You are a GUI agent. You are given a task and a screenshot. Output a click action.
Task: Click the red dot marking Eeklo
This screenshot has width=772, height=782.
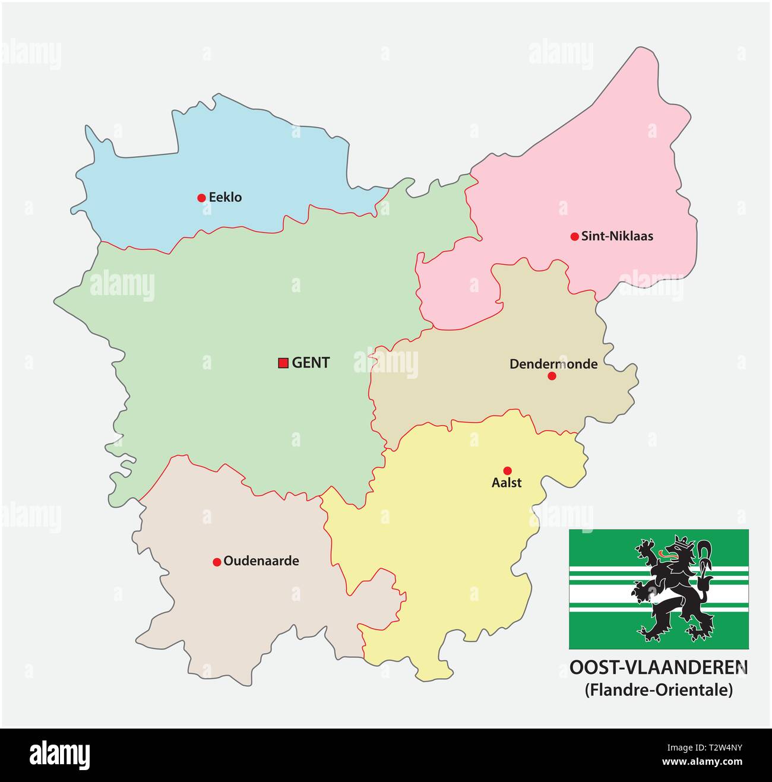pyautogui.click(x=201, y=198)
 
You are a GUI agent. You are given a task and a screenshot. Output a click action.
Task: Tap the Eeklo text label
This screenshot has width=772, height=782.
pyautogui.click(x=225, y=198)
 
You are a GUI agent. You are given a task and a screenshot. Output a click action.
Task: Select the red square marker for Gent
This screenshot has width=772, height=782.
pyautogui.click(x=283, y=363)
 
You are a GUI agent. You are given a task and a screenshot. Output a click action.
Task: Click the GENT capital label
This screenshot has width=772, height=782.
pyautogui.click(x=311, y=363)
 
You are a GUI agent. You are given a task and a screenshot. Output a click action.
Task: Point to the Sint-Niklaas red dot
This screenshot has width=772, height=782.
pyautogui.click(x=574, y=236)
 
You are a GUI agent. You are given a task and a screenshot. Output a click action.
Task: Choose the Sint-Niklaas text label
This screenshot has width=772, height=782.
pyautogui.click(x=617, y=236)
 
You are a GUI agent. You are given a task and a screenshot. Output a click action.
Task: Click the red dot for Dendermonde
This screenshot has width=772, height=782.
pyautogui.click(x=552, y=376)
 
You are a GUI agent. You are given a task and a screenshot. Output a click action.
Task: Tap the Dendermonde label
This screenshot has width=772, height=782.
pyautogui.click(x=553, y=364)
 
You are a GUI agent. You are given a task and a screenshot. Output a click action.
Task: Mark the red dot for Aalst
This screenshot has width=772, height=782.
pyautogui.click(x=507, y=470)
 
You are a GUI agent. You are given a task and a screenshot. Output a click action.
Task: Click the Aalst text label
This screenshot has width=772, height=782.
pyautogui.click(x=507, y=483)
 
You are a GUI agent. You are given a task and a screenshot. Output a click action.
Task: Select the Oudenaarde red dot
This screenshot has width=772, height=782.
pyautogui.click(x=217, y=562)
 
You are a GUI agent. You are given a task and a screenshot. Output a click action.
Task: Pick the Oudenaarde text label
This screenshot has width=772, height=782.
pyautogui.click(x=261, y=561)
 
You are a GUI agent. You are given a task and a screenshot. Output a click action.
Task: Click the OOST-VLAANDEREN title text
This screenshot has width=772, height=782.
pyautogui.click(x=659, y=668)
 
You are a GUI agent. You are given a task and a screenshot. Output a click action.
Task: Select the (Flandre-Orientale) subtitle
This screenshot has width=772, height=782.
pyautogui.click(x=659, y=690)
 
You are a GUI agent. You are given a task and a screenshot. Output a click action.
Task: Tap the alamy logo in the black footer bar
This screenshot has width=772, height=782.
pyautogui.click(x=60, y=755)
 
